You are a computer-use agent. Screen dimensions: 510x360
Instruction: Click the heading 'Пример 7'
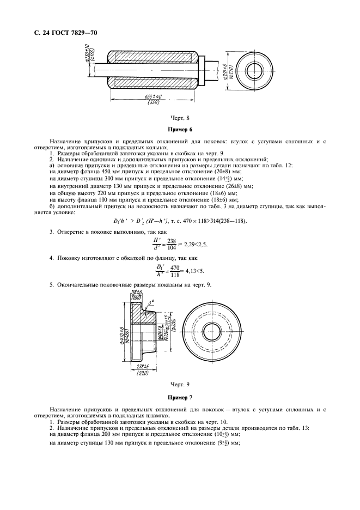[x=180, y=398]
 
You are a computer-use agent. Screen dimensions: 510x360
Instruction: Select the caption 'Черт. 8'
[x=180, y=117]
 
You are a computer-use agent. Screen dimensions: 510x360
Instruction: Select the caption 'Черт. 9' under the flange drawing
[x=180, y=385]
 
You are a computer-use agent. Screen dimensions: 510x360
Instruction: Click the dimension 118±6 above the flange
[x=136, y=293]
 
